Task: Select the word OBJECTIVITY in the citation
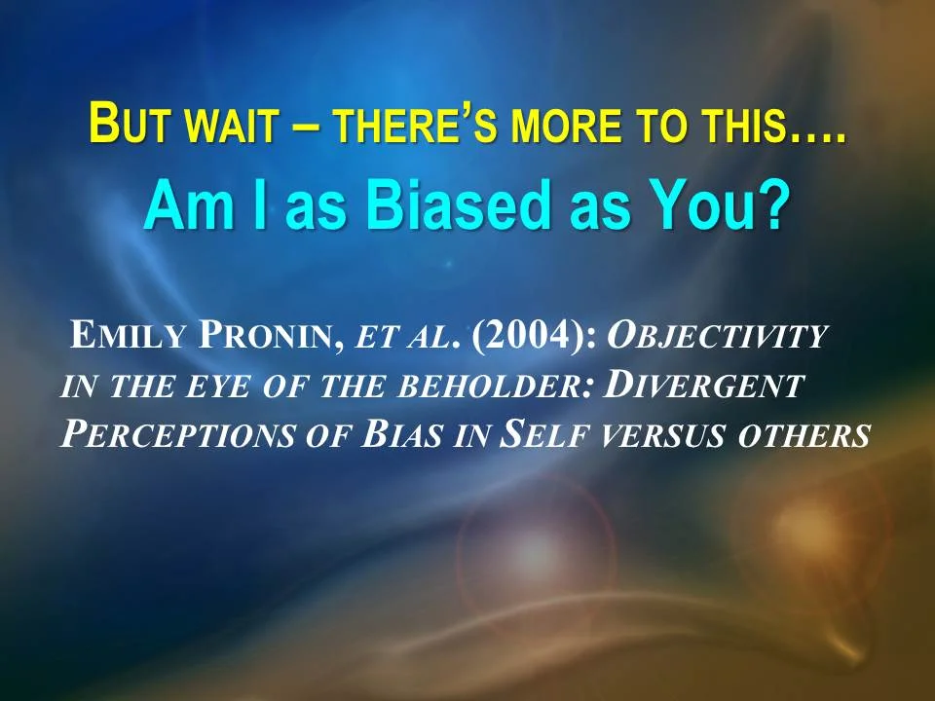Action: (x=717, y=337)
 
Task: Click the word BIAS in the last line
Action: (x=399, y=434)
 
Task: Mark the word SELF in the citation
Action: (x=542, y=434)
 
